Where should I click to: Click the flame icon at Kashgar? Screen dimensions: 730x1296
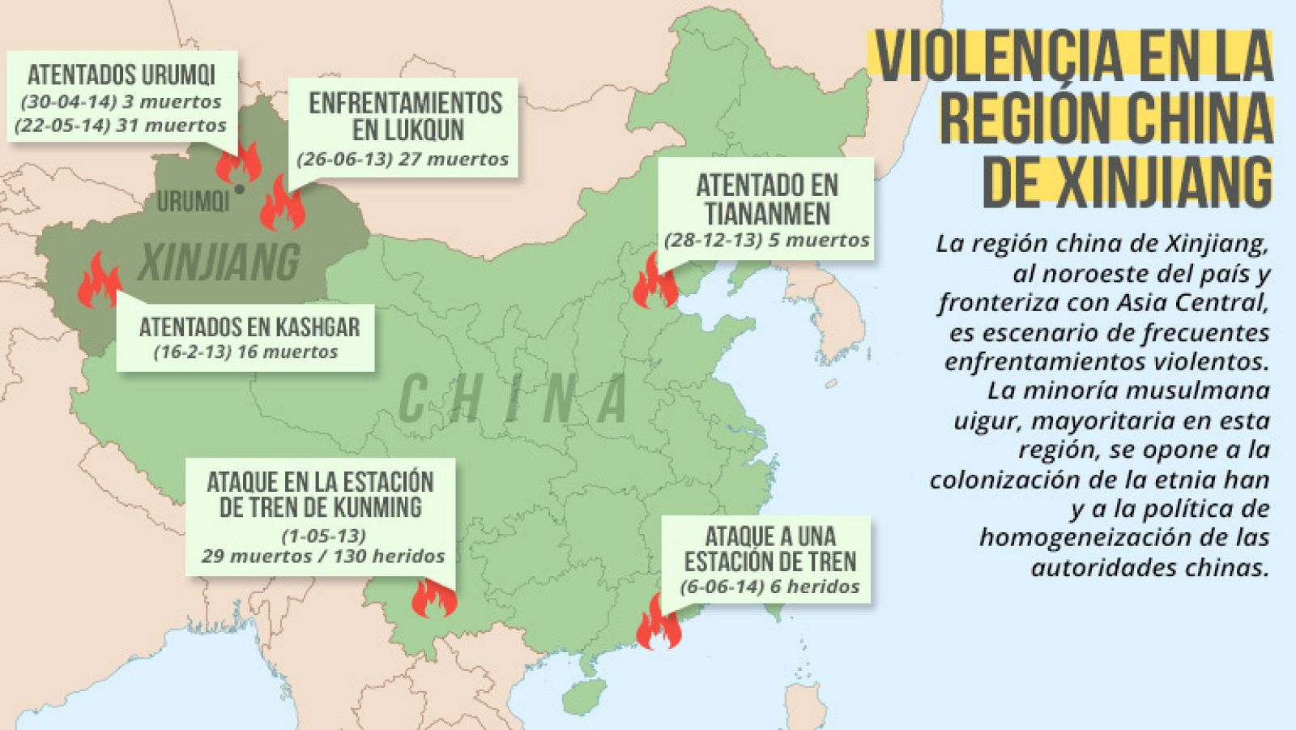[98, 282]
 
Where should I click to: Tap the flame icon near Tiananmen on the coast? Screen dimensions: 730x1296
[653, 283]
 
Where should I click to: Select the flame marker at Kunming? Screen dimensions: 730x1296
[433, 599]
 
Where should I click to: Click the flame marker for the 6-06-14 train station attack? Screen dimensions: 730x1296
[657, 625]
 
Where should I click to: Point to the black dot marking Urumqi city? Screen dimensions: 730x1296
[239, 189]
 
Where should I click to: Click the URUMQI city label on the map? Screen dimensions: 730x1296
[193, 202]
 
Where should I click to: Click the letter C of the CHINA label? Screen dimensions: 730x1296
[412, 399]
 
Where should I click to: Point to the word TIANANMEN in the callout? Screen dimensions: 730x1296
[766, 214]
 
